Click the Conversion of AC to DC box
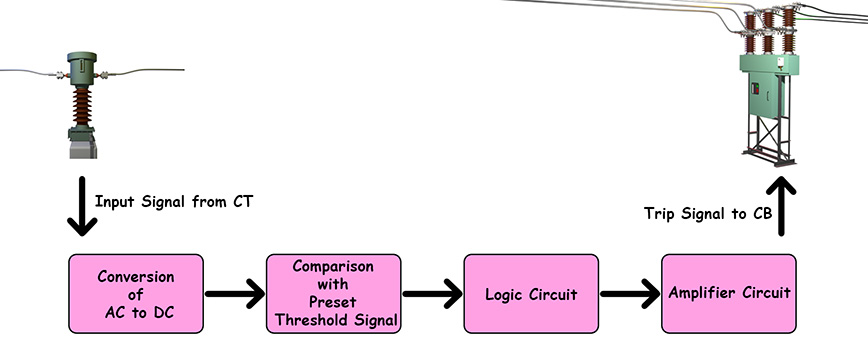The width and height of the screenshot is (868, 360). pos(136,294)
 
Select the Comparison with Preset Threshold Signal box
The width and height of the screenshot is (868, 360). pos(334,294)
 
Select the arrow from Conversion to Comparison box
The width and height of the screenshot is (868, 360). pos(235,295)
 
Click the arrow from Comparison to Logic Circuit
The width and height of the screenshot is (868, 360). pos(432,295)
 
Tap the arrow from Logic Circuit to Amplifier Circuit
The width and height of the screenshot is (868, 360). pos(630,295)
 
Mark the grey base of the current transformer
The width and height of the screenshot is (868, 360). pos(81,148)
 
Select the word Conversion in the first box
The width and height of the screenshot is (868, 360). pos(136,275)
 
